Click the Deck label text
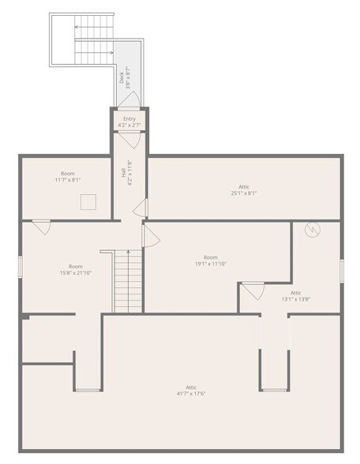[125, 75]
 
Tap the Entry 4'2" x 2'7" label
[129, 122]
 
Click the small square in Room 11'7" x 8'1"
[88, 202]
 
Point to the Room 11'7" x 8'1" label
[68, 177]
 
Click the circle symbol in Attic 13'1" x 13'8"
[313, 230]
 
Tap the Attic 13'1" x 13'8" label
[295, 296]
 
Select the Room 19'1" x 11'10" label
[211, 260]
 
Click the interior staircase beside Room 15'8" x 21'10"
[127, 280]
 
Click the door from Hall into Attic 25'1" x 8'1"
[141, 208]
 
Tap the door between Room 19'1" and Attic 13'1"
[253, 290]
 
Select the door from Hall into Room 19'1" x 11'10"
[149, 235]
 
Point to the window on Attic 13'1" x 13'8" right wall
[341, 271]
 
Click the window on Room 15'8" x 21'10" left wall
[21, 267]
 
